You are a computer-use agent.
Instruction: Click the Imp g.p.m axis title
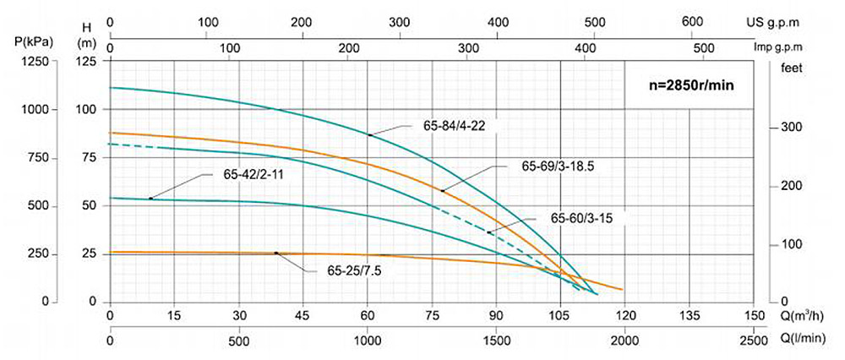pyautogui.click(x=799, y=48)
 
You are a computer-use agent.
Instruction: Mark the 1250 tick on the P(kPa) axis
pyautogui.click(x=35, y=62)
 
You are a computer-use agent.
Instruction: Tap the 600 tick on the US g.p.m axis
pyautogui.click(x=692, y=22)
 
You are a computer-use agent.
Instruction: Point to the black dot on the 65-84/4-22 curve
pyautogui.click(x=369, y=135)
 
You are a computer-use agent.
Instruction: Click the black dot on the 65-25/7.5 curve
pyautogui.click(x=276, y=253)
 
